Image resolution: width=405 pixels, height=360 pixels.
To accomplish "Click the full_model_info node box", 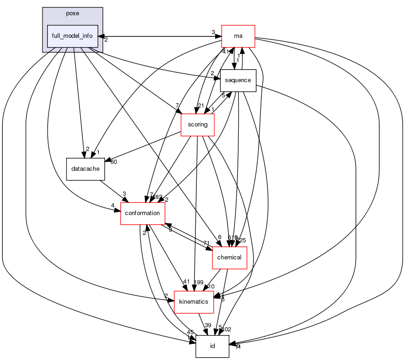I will (x=73, y=36).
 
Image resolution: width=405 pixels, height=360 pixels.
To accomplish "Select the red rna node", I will (x=238, y=36).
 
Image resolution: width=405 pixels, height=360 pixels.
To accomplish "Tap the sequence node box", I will (x=238, y=80).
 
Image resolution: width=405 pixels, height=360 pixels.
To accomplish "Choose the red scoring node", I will (x=197, y=125).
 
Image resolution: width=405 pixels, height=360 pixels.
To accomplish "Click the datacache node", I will (x=85, y=169).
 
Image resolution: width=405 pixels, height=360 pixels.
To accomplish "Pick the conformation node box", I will (x=143, y=213).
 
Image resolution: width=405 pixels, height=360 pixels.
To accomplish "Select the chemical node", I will (x=230, y=258).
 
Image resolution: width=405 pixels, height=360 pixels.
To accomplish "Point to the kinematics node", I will (x=193, y=302).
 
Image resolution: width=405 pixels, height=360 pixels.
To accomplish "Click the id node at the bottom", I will (x=212, y=346).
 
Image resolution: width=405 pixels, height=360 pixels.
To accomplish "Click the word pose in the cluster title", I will (x=73, y=13).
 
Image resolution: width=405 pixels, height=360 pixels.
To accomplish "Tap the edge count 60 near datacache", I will (x=113, y=162).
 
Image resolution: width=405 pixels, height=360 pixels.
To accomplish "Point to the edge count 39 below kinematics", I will (x=208, y=326).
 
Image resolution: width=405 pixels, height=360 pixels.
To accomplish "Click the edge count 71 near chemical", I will (x=206, y=243).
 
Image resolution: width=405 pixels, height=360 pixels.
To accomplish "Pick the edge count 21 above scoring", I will (x=200, y=106).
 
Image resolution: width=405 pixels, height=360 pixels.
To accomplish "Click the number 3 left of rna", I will (x=213, y=32).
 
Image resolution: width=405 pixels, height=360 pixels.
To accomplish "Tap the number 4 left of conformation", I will (x=112, y=206).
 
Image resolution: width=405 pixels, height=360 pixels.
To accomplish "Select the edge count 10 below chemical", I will (x=212, y=287).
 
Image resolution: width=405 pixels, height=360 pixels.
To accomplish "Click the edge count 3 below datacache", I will (x=124, y=194).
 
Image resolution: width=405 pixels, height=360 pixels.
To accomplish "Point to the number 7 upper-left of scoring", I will (x=176, y=106).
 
